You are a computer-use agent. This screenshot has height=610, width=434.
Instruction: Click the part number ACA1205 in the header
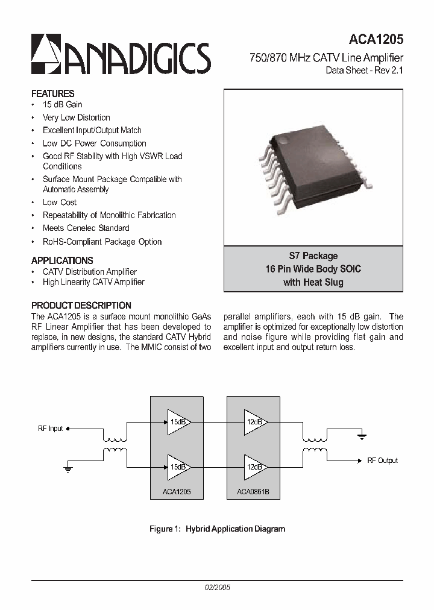376,40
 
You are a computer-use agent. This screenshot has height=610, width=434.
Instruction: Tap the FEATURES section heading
52,93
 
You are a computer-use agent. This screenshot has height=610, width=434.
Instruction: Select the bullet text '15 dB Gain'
62,105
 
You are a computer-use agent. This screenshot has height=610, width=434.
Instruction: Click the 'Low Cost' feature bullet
60,203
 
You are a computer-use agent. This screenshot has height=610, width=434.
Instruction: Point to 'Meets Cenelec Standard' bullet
86,228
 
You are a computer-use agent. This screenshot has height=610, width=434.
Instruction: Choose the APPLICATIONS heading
62,260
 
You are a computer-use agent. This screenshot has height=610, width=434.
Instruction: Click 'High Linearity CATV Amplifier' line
93,282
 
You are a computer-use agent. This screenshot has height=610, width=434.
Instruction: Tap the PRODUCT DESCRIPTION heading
81,306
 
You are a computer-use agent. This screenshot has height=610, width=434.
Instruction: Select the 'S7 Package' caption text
313,256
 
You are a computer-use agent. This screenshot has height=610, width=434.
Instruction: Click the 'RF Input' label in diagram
50,429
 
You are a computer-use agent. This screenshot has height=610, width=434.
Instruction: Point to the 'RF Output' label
382,461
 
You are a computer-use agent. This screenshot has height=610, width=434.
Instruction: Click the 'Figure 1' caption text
217,529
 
